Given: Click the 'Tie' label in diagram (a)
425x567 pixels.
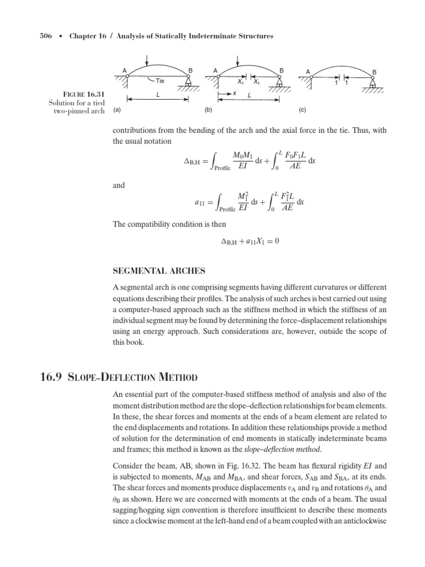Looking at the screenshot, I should coord(160,81).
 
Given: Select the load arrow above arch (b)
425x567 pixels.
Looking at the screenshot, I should coord(237,60).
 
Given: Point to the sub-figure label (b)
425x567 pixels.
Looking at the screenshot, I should coord(208,110).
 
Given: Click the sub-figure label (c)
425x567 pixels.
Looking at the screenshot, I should coord(302,110).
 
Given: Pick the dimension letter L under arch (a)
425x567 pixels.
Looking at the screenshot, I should coord(158,95).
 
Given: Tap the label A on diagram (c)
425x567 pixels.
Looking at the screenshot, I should coord(308,71).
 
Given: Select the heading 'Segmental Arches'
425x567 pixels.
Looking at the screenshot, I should coord(159,271).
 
